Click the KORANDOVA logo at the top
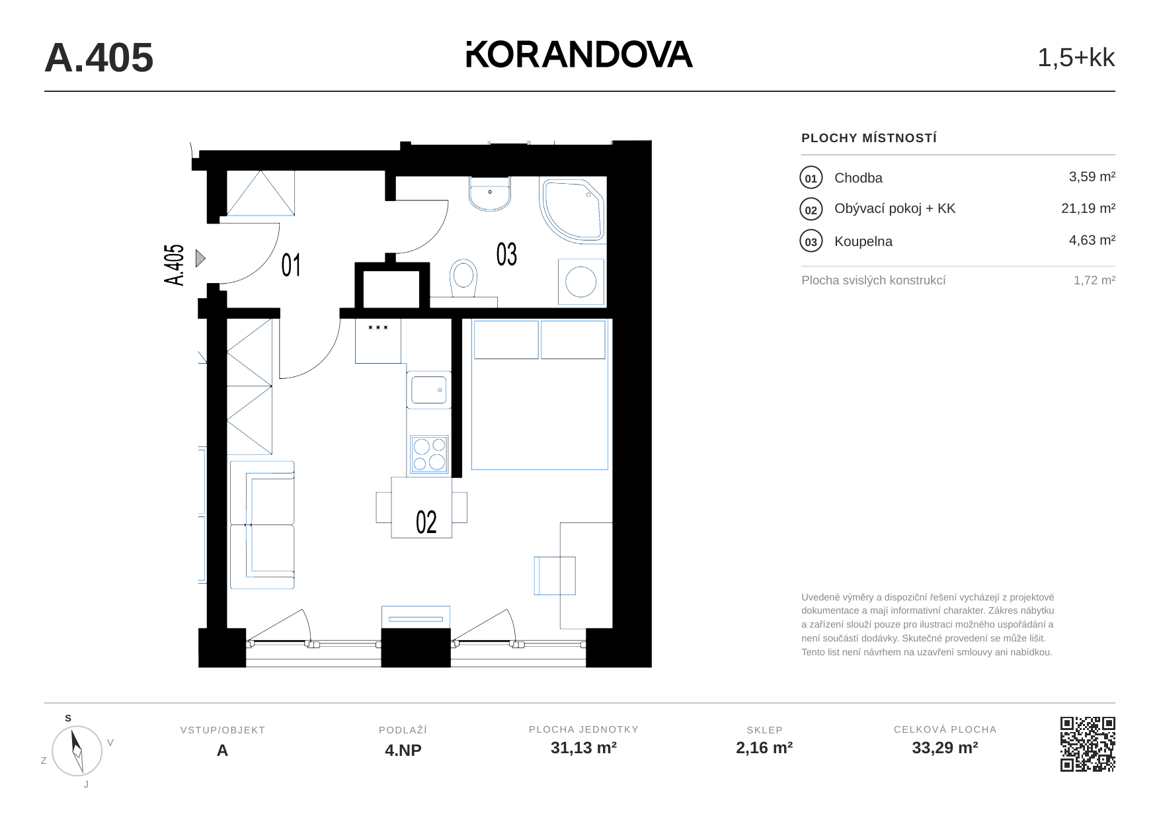coord(579,54)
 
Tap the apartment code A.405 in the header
coord(99,58)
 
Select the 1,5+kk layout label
coord(1076,58)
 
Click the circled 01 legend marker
coord(811,178)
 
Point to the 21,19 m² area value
coord(1088,208)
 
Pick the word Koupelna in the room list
coord(863,241)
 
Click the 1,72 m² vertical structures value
coord(1094,280)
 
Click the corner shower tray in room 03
coord(573,210)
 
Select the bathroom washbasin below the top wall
coord(490,193)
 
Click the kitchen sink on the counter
coord(429,390)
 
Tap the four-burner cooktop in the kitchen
coord(429,454)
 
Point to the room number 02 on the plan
coord(426,522)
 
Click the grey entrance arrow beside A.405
coord(200,259)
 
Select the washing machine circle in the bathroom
coord(581,282)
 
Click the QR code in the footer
coord(1088,744)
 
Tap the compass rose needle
coord(77,751)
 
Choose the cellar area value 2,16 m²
coord(764,748)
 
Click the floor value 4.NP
coord(403,751)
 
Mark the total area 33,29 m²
coord(945,748)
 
